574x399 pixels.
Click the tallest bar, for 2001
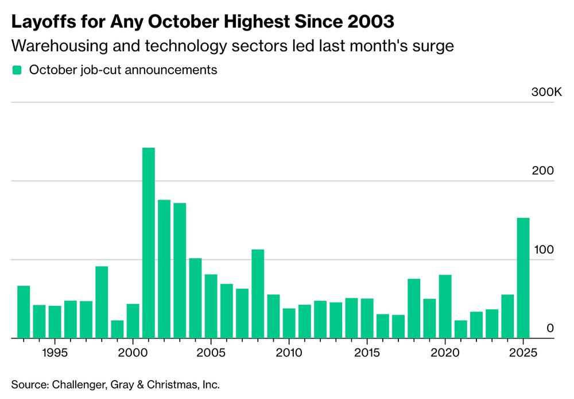148,243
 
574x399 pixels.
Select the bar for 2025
523,278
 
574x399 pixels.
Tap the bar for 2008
258,293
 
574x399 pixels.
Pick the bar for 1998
102,302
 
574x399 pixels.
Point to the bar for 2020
445,306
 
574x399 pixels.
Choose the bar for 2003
180,270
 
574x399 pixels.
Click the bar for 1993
24,312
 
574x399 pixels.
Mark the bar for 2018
414,308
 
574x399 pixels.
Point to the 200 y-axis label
546,171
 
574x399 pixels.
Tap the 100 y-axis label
546,250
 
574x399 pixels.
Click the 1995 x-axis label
55,352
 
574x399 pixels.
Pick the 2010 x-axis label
289,352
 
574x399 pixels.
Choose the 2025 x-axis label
523,352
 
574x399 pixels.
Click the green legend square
17,70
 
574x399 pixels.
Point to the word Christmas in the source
172,384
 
